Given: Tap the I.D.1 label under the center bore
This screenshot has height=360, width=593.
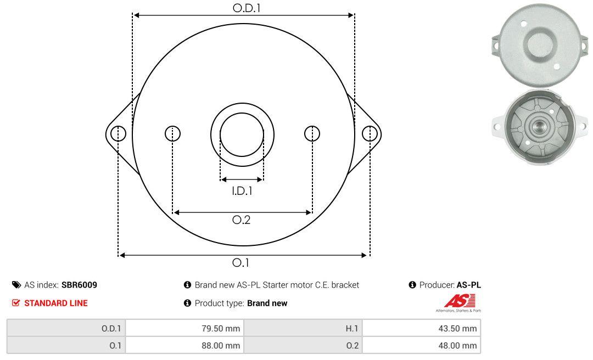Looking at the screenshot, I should (242, 191).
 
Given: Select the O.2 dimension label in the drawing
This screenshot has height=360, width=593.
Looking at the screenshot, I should (242, 220).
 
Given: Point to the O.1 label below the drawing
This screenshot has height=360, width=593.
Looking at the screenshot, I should (241, 263).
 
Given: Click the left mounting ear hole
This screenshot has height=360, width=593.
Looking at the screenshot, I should (118, 133).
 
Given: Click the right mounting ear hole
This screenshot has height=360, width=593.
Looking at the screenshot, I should (370, 133).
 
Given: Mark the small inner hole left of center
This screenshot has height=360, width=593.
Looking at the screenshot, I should (172, 133).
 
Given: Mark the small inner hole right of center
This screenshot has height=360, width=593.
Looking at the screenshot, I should (312, 133).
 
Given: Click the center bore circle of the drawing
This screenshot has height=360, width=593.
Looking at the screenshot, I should (242, 133).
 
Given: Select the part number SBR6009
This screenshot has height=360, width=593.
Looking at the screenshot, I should (79, 285).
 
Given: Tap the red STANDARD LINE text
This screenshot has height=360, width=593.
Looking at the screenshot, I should (55, 303).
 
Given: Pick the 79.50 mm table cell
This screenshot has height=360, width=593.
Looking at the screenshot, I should (184, 329).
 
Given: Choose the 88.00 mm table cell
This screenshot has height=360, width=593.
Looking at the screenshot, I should (184, 346).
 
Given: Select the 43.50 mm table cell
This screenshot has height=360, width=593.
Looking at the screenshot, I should (421, 329).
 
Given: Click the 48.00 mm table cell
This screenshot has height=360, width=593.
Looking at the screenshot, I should (421, 346).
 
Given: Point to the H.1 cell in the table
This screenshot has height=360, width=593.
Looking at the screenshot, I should (303, 329).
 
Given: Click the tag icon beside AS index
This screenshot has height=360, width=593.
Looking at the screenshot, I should (16, 285).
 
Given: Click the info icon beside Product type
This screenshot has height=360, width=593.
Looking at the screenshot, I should (187, 303).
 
